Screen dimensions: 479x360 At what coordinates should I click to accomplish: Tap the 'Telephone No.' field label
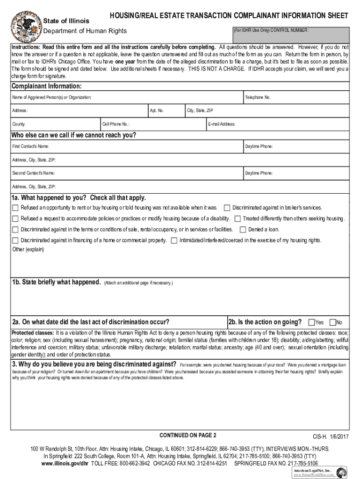click(258, 97)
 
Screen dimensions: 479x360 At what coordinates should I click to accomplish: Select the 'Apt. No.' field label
click(157, 111)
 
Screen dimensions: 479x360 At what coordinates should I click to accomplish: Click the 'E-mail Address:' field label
click(222, 124)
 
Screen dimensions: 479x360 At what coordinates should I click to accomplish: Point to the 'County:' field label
click(19, 124)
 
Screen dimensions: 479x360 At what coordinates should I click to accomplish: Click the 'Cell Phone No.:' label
click(116, 124)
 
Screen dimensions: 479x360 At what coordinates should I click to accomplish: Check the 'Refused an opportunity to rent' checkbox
click(15, 208)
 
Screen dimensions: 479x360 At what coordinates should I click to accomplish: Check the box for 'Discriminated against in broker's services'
click(227, 208)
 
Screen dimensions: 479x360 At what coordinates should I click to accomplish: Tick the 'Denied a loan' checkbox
click(243, 230)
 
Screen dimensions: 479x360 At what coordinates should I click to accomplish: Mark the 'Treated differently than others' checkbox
click(238, 218)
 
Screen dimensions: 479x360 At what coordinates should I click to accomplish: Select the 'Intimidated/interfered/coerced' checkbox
click(174, 240)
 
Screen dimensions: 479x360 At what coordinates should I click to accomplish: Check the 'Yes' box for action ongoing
click(311, 322)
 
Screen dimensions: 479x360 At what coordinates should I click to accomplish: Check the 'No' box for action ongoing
click(332, 322)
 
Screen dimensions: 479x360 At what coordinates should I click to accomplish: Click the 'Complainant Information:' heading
click(47, 87)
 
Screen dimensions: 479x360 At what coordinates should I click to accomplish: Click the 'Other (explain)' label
click(28, 249)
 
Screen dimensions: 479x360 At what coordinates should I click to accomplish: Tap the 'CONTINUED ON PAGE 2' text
click(188, 435)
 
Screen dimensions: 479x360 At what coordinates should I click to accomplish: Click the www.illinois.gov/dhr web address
click(65, 464)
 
